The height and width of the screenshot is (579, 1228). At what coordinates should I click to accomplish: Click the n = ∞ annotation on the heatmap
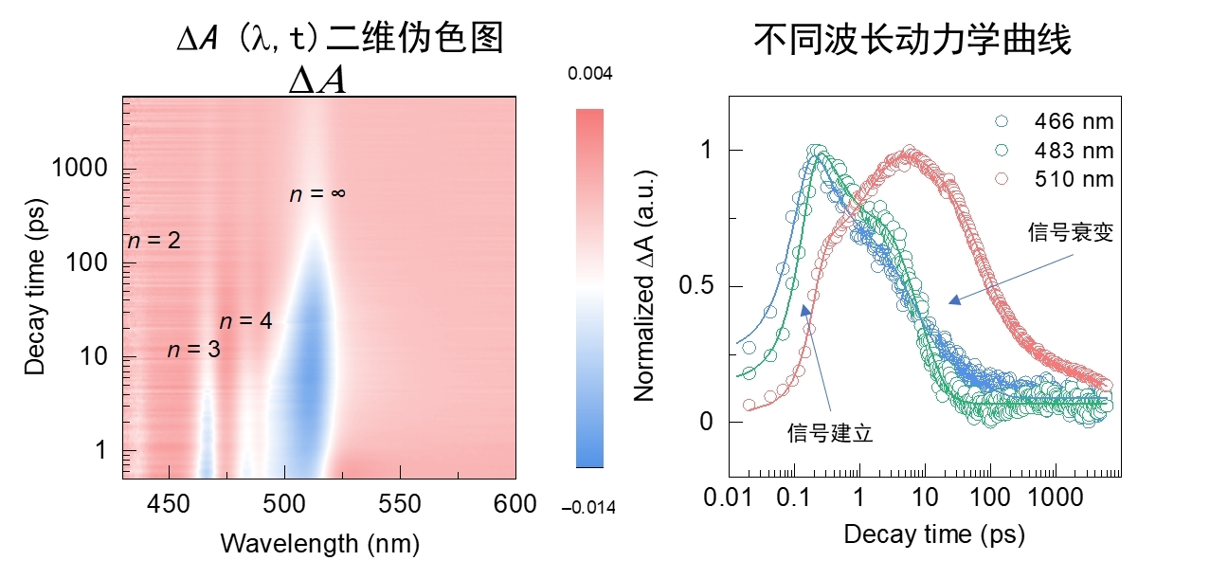(317, 194)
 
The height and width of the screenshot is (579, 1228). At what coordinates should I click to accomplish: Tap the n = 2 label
(153, 241)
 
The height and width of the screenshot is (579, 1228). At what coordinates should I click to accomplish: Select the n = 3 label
(193, 350)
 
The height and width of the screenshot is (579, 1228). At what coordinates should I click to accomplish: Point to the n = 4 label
(245, 321)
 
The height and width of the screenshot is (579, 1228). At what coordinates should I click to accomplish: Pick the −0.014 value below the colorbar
(588, 508)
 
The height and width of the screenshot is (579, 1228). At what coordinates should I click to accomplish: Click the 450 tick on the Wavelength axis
(169, 503)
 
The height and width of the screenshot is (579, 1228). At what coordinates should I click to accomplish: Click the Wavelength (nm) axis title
(319, 544)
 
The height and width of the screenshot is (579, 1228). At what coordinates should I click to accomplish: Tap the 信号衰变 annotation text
(1070, 233)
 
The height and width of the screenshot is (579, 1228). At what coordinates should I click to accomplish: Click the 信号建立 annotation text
(830, 433)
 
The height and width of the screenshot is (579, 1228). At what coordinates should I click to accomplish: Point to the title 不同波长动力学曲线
(912, 40)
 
